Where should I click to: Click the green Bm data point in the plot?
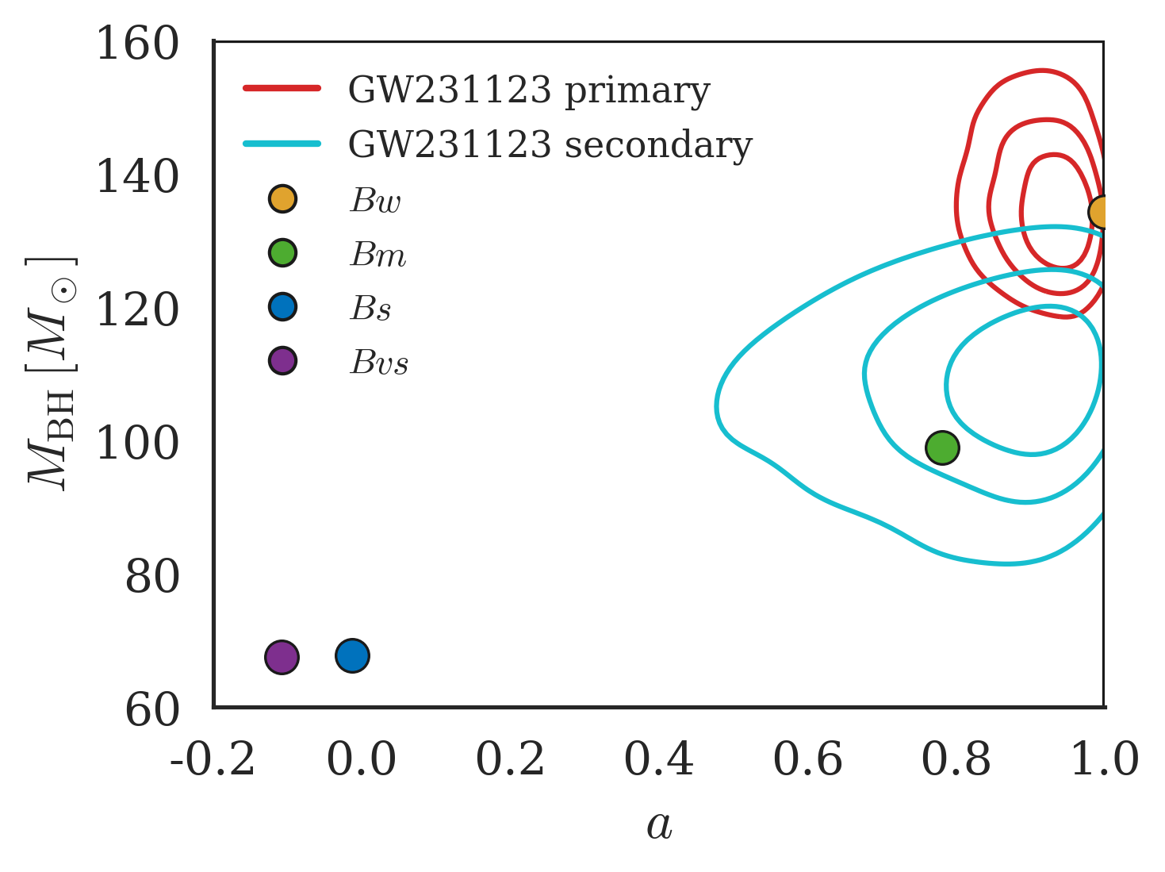pos(942,448)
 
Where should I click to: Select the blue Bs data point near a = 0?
pos(352,655)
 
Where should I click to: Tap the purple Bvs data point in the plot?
pos(282,657)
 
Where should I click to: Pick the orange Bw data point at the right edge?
pos(1101,212)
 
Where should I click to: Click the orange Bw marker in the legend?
pos(282,199)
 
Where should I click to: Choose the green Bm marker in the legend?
pos(282,253)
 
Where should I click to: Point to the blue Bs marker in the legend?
pos(282,307)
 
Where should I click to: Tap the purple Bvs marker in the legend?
pos(282,361)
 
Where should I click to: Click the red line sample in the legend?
pos(282,88)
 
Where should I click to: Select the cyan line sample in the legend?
pos(282,144)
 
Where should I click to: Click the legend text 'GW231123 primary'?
pos(529,90)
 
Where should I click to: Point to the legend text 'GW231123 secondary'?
pos(550,145)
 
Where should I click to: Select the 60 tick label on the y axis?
pos(152,710)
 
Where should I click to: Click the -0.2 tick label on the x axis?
pos(213,759)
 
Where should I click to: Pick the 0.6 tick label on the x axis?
pos(807,759)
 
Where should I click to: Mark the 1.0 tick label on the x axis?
pos(1104,759)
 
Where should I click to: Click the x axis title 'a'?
pos(659,826)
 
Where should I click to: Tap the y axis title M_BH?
pos(52,373)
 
